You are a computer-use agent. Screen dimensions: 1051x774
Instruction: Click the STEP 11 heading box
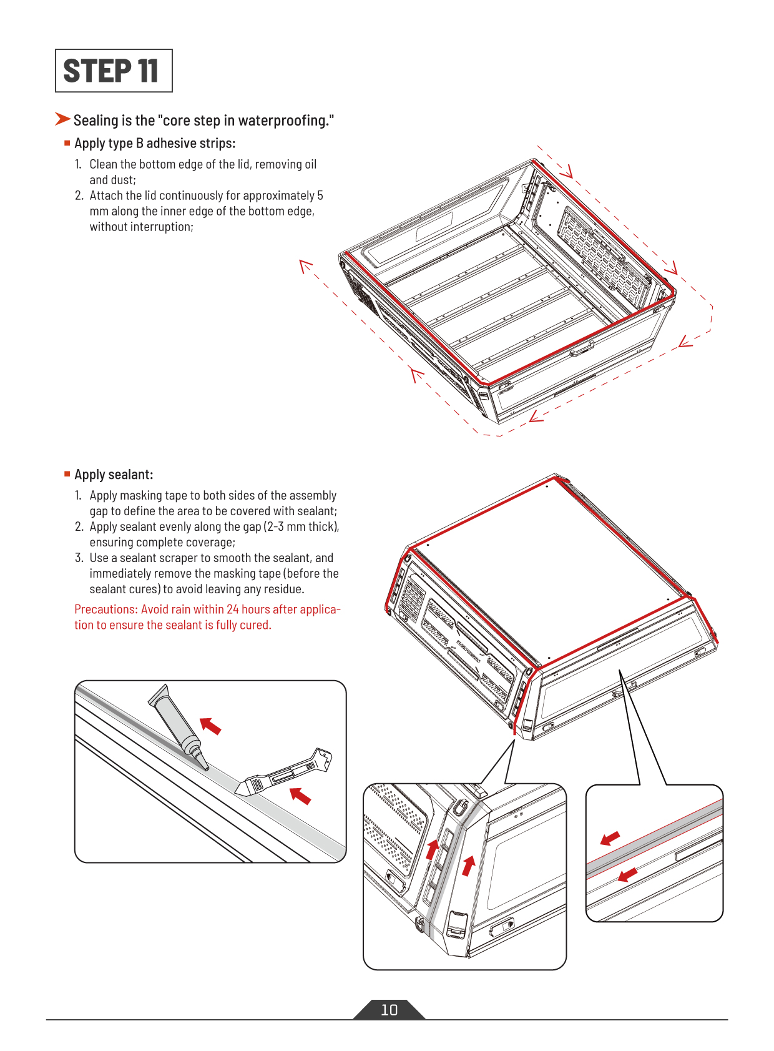coord(114,71)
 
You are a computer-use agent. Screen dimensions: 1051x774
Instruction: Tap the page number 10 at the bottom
coord(389,1009)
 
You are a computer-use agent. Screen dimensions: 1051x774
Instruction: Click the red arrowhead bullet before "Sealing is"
coord(62,119)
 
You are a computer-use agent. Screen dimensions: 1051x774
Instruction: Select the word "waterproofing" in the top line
coord(284,121)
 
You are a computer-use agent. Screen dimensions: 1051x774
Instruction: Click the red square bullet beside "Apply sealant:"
coord(67,474)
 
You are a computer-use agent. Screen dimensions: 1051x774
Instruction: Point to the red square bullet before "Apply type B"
coord(67,143)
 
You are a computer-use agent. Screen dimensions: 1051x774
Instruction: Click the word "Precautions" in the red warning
coord(105,609)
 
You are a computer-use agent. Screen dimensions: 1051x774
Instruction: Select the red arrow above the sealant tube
coord(211,726)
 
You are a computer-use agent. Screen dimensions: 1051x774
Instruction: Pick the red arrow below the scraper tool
coord(300,796)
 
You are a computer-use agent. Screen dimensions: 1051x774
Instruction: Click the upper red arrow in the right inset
coord(610,838)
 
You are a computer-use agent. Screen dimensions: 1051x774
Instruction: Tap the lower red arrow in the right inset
coord(627,874)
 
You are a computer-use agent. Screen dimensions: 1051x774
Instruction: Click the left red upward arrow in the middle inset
coord(432,849)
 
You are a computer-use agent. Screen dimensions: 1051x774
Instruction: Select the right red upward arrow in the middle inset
coord(468,866)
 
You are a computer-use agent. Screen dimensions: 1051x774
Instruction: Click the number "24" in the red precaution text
coord(233,609)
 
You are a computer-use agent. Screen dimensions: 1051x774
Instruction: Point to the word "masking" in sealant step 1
coord(141,495)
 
